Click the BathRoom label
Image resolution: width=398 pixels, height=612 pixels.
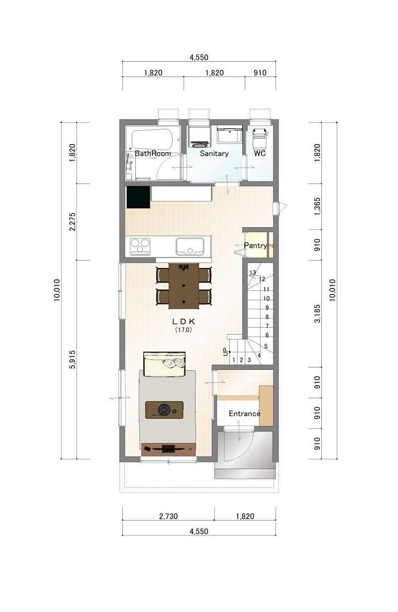[x=153, y=154]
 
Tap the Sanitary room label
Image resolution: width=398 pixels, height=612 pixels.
[x=214, y=154]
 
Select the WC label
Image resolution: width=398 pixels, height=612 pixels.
[x=260, y=153]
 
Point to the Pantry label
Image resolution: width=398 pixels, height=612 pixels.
[x=255, y=246]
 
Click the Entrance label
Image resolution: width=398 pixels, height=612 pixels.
[x=244, y=413]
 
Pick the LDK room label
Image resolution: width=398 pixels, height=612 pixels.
[x=184, y=321]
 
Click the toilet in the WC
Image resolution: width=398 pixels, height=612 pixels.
[x=259, y=138]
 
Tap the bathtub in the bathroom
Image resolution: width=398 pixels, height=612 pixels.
[x=152, y=139]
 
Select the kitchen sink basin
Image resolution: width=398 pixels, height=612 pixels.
[x=190, y=246]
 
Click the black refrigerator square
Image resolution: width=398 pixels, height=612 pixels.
[x=138, y=197]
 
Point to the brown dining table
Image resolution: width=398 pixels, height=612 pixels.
[x=184, y=286]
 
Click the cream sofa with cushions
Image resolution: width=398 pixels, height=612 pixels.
[x=165, y=364]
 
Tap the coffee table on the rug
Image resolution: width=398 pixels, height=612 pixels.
[x=164, y=410]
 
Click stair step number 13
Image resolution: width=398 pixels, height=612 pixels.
[x=253, y=272]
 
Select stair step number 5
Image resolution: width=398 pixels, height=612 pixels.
[x=266, y=346]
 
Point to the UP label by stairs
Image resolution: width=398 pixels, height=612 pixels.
[x=225, y=352]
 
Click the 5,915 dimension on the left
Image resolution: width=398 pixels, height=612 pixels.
[x=73, y=359]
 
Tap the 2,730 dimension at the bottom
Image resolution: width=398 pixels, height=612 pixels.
[x=168, y=517]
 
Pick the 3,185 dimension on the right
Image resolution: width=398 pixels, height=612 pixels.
[x=317, y=314]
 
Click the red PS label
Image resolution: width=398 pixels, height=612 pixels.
[x=271, y=246]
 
